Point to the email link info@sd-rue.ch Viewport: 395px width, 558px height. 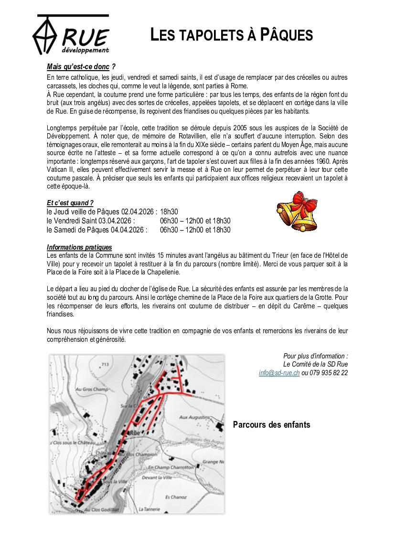point(279,373)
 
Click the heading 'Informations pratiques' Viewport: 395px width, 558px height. point(79,247)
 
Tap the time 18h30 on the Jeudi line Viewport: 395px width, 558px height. point(169,211)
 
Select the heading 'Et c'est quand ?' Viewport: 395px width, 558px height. point(70,203)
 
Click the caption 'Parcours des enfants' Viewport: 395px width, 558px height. point(271,425)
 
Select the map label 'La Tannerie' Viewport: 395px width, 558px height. point(149,509)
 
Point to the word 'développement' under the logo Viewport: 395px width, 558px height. point(85,50)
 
